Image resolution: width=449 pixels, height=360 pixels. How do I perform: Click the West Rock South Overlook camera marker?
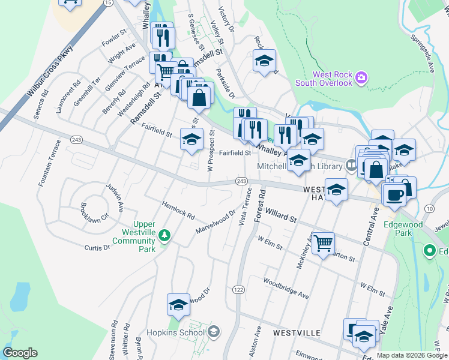point(361,77)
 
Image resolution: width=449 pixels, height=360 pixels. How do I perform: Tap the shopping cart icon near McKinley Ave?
point(323,243)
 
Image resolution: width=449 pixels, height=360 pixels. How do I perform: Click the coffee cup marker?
point(394,195)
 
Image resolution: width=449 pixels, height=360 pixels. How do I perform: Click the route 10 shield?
point(429,208)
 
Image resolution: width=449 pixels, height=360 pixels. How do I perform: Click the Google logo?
point(20,353)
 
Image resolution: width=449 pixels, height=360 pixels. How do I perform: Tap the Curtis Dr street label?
point(97,247)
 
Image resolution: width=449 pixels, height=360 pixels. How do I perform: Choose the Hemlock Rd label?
point(179,210)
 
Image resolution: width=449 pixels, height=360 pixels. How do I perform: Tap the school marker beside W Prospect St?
point(191,140)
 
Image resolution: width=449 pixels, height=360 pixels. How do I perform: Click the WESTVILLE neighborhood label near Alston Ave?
point(294,332)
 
